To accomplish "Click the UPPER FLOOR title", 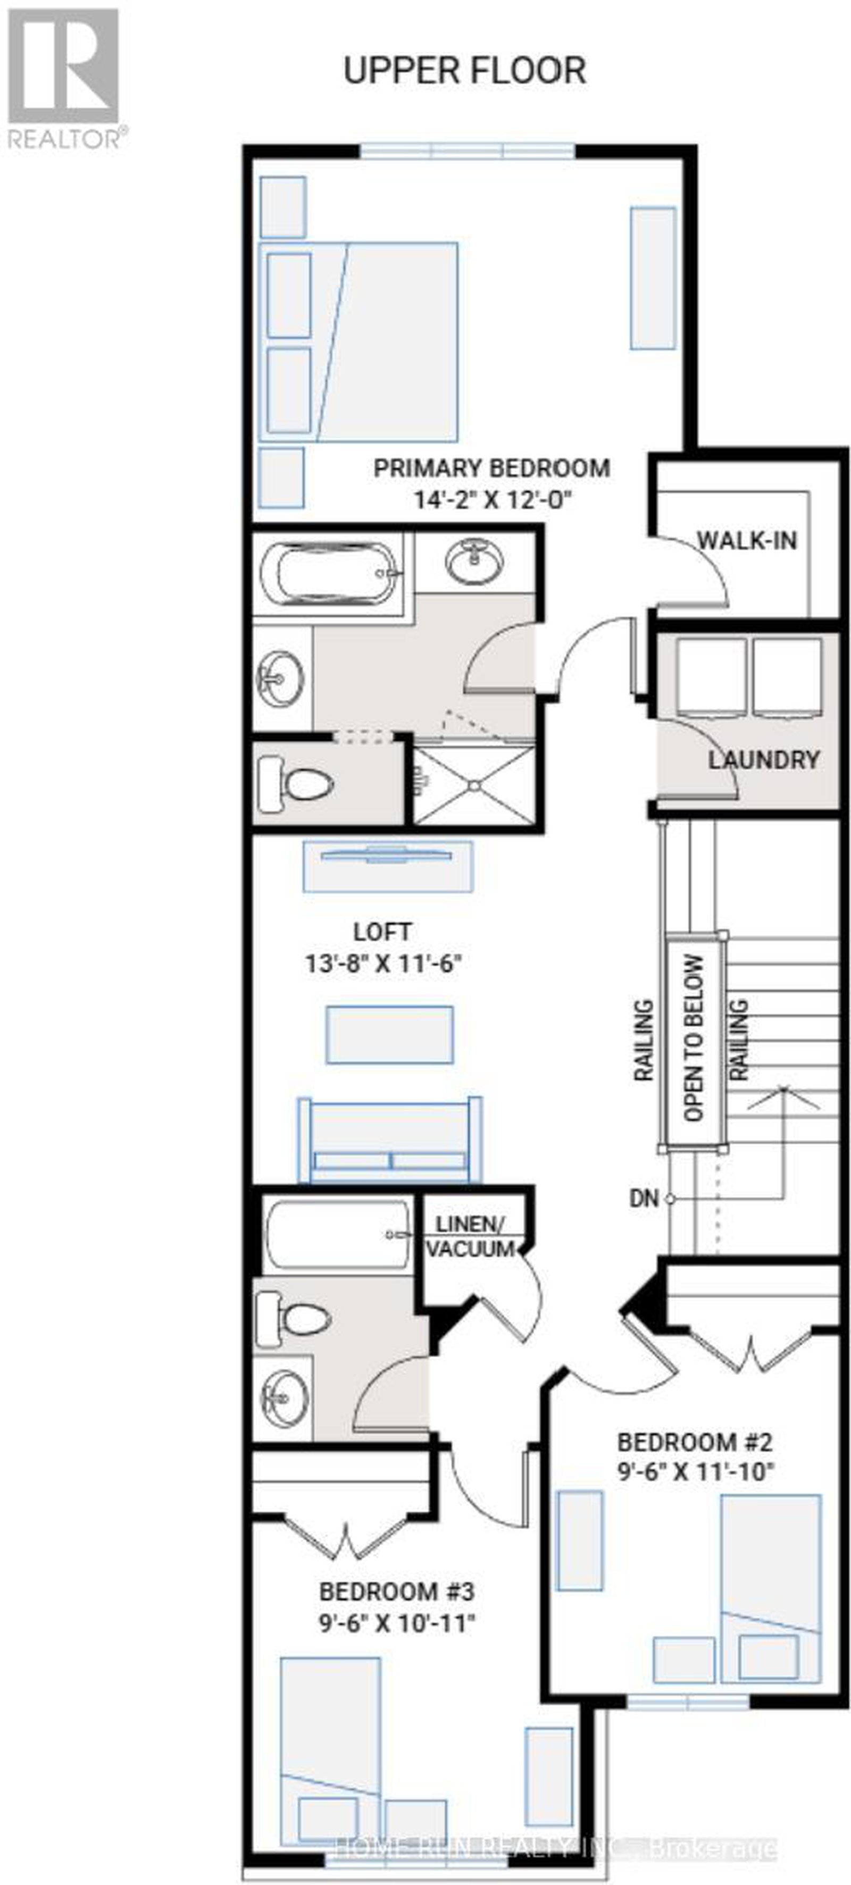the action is (x=465, y=71).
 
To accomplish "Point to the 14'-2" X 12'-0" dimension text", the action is (x=492, y=500).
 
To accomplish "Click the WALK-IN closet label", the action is (x=746, y=541).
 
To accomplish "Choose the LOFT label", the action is (x=382, y=932).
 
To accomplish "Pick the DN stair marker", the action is (x=644, y=1199).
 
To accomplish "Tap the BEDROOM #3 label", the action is (x=397, y=1591).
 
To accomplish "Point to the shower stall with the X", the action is (x=473, y=784).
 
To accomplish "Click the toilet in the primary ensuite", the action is (x=296, y=785).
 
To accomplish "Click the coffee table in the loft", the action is (x=389, y=1035).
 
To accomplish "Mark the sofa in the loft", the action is (x=389, y=1140).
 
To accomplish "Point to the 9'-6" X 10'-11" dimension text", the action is (x=397, y=1624).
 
